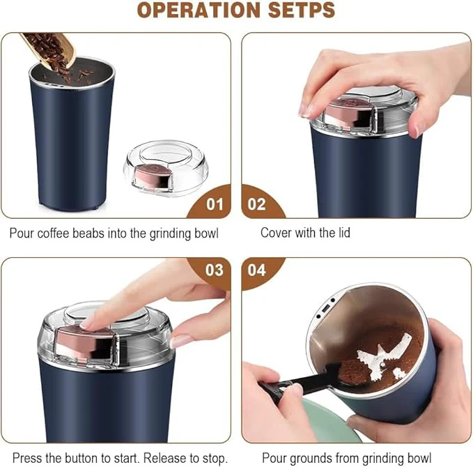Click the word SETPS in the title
[x=295, y=10]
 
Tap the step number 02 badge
[x=257, y=205]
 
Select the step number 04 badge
[x=257, y=270]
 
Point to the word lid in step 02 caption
[x=342, y=233]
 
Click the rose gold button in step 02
[x=343, y=115]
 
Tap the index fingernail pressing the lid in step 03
[x=88, y=322]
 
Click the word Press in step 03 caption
[x=26, y=458]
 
